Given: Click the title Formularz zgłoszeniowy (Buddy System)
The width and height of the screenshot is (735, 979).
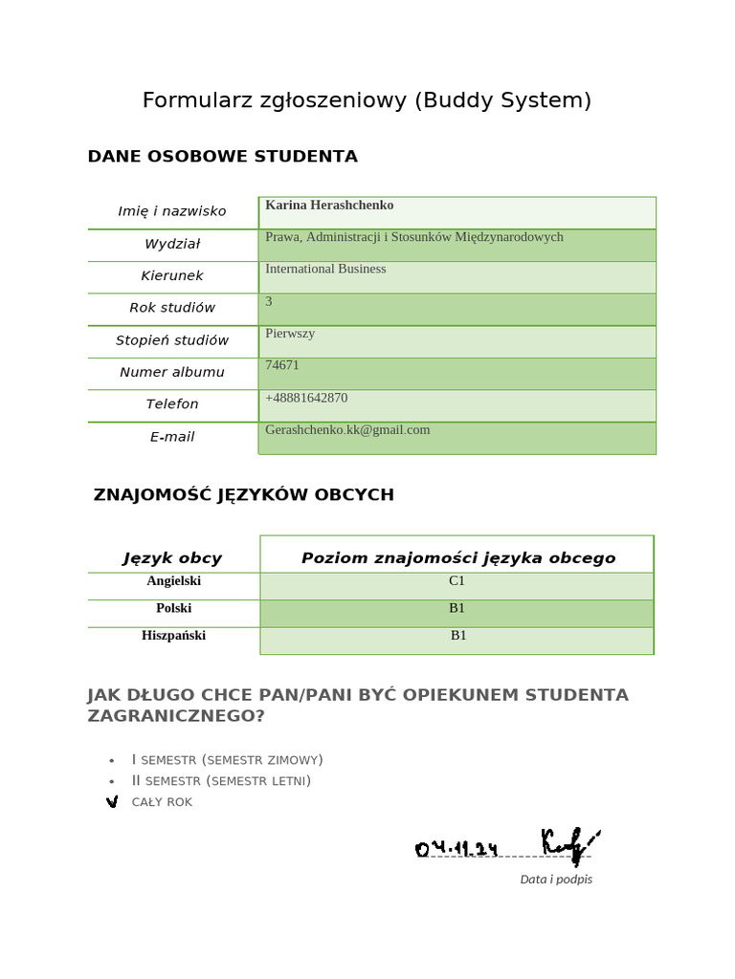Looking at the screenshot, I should [367, 100].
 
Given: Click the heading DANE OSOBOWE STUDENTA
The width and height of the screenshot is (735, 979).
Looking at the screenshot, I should [222, 156].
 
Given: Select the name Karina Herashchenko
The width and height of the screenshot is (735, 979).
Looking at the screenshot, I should [329, 206].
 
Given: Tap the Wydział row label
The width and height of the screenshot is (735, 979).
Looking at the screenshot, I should [172, 244].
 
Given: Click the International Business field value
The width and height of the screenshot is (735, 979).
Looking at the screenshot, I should [325, 269].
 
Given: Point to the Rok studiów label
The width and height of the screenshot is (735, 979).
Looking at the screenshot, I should [172, 308].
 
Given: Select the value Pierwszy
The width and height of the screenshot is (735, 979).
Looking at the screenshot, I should [290, 334].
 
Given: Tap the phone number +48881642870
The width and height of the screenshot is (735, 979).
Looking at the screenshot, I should [306, 398].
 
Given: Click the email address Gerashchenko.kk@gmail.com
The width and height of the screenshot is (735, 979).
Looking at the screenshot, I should [347, 430].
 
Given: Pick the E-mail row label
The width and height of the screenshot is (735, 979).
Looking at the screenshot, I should [172, 437].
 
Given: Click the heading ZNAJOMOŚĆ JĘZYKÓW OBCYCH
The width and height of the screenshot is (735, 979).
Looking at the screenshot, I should [243, 495].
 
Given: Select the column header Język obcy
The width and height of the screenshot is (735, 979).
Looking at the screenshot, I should [172, 558].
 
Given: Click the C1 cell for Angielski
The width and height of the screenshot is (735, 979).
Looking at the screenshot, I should [457, 581].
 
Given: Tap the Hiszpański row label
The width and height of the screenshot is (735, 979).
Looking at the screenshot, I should [173, 636].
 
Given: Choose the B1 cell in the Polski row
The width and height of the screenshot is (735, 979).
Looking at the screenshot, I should [457, 608].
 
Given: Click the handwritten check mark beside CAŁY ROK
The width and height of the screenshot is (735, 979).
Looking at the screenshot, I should [112, 801].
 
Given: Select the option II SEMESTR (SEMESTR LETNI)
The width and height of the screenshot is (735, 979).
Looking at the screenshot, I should [221, 781].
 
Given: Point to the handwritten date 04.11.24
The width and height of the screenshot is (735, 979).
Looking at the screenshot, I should [457, 848].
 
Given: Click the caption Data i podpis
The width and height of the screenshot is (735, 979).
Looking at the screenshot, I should [556, 880].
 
